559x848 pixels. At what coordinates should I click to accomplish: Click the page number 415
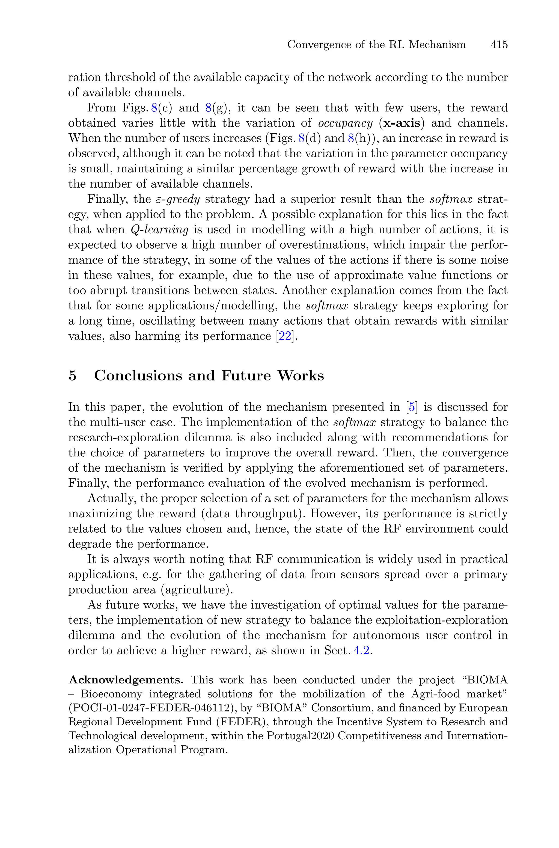pos(499,45)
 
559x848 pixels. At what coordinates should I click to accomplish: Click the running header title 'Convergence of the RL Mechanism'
pos(376,45)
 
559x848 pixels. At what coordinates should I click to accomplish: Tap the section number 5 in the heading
pos(72,376)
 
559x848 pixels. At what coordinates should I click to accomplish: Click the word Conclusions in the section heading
pos(138,376)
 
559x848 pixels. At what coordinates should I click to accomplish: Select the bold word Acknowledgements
pos(126,680)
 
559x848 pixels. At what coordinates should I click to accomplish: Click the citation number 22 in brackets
pos(285,336)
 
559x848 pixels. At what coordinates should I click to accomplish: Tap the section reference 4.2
pos(362,651)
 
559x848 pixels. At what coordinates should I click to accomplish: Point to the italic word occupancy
pos(345,123)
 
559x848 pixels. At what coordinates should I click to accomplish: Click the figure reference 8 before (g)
pos(209,108)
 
